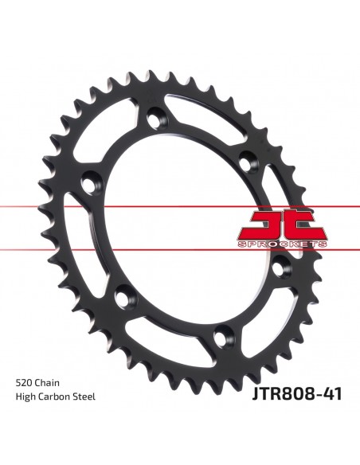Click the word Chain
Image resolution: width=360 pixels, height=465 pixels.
click(47, 382)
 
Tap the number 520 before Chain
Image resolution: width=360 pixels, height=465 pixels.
click(24, 382)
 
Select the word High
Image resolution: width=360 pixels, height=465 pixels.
click(25, 397)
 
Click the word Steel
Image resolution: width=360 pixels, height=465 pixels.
click(84, 397)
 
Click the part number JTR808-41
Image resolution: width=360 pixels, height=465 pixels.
click(297, 394)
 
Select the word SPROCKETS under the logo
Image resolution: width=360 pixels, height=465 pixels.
click(282, 244)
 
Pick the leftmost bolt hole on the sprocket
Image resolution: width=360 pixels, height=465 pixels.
click(90, 182)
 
